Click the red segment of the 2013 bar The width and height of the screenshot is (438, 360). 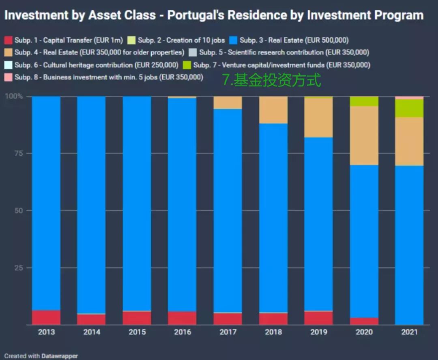(x=46, y=317)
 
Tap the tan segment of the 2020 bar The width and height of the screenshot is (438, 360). (x=364, y=135)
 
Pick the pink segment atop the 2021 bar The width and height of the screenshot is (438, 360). (x=409, y=98)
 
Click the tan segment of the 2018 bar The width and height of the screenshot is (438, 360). (x=273, y=110)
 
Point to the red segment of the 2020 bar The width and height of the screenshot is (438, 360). (x=364, y=321)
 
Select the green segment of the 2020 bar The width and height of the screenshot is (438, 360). (x=364, y=101)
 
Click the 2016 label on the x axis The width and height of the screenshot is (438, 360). (x=182, y=332)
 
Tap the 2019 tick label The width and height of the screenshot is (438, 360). (x=318, y=332)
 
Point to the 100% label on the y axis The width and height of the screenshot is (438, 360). (x=13, y=96)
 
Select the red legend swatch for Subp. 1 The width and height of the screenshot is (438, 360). (x=9, y=40)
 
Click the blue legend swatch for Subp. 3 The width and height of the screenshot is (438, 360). (x=233, y=40)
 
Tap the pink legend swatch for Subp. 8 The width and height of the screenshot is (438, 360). (x=9, y=77)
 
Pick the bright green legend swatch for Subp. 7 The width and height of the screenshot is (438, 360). (x=187, y=65)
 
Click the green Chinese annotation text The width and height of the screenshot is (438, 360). (x=271, y=80)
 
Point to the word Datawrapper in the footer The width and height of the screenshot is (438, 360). (x=59, y=356)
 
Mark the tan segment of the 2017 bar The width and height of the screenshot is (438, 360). (x=228, y=103)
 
